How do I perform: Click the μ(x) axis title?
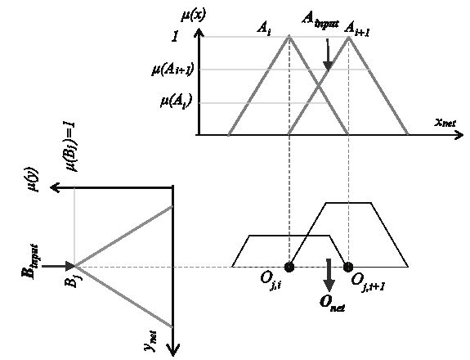(194, 16)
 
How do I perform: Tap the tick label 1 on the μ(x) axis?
(175, 37)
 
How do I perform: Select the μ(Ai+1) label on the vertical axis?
(172, 70)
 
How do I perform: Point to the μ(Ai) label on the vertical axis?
(177, 101)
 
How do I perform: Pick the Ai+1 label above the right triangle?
(356, 29)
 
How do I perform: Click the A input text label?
(320, 20)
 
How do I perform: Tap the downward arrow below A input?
(328, 55)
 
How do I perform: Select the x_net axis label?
(445, 123)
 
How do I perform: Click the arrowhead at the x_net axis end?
(459, 135)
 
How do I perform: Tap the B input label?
(30, 262)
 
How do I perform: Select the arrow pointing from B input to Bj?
(58, 266)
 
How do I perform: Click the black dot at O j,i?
(289, 267)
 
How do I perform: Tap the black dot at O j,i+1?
(348, 267)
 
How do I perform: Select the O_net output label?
(332, 304)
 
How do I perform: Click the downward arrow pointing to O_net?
(329, 275)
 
